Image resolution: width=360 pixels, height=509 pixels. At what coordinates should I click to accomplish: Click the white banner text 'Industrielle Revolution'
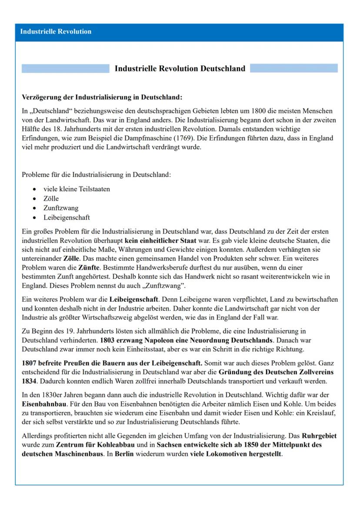click(x=56, y=32)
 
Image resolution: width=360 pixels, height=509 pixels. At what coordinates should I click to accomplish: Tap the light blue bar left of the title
click(x=65, y=69)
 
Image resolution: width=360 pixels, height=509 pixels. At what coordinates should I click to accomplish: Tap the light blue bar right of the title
click(x=293, y=69)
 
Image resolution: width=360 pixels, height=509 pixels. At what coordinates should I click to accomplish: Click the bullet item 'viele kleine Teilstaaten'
click(x=77, y=189)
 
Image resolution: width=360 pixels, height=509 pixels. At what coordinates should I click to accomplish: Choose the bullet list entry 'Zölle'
click(x=51, y=199)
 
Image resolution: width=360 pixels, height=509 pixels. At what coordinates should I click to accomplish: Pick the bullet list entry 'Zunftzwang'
click(x=61, y=208)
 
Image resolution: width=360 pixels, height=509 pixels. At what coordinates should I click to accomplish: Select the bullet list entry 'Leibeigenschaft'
click(x=67, y=218)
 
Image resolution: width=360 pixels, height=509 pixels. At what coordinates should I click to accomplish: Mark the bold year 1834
click(x=29, y=381)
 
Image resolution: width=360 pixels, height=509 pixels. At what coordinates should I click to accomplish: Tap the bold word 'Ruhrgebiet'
click(x=319, y=436)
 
